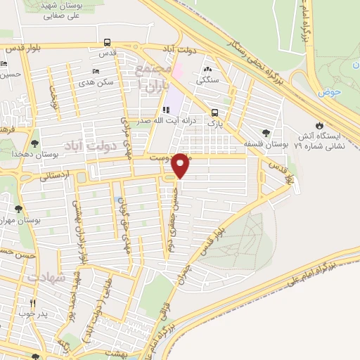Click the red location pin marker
tap(181, 165)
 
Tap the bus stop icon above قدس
tap(107, 42)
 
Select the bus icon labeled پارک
tap(214, 112)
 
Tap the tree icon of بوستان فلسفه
tap(265, 133)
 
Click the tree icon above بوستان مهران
tap(18, 208)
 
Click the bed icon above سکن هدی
tap(96, 72)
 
